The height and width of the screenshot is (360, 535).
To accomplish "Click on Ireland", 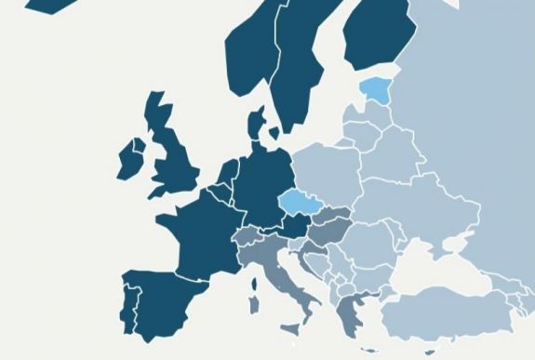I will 128,161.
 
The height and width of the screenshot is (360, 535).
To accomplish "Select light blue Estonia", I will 376,89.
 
